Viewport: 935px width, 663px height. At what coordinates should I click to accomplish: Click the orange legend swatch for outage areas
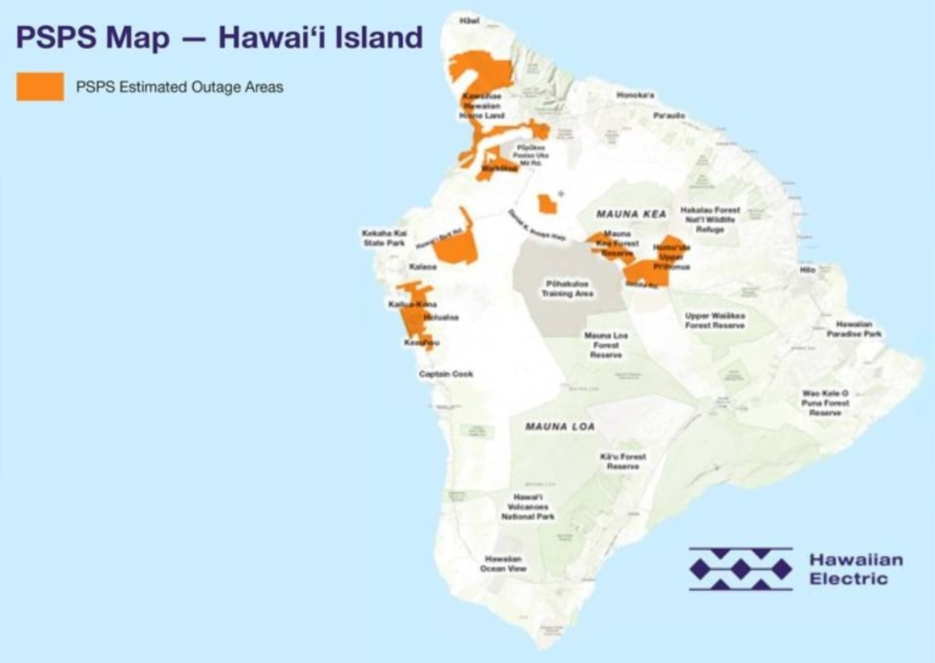(x=40, y=87)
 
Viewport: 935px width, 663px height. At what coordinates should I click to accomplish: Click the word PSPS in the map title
(x=56, y=37)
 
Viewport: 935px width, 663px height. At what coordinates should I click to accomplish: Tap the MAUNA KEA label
(x=631, y=214)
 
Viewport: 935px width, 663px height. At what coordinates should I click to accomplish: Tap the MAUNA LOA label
(x=560, y=427)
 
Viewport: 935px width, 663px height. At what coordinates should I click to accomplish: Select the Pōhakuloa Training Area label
(x=567, y=289)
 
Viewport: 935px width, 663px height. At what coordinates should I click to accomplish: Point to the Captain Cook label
(x=446, y=374)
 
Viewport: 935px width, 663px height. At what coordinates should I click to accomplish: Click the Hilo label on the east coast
(x=807, y=270)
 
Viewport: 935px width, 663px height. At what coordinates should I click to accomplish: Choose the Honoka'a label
(x=635, y=95)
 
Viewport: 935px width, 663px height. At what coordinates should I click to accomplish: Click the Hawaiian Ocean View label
(x=503, y=564)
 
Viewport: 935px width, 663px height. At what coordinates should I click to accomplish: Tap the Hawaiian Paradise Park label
(x=854, y=329)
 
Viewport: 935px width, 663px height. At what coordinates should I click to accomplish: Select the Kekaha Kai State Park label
(x=384, y=238)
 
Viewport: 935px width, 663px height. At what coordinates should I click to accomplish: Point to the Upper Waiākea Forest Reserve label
(x=714, y=320)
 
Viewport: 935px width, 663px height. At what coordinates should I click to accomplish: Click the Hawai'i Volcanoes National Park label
(x=528, y=507)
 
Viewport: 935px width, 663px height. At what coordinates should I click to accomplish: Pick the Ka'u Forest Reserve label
(x=623, y=461)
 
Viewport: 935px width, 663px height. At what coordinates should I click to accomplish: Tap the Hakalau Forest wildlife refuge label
(x=710, y=219)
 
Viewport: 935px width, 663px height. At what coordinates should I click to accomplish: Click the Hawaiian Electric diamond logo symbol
(x=741, y=569)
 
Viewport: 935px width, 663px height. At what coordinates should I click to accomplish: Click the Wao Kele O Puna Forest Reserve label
(x=825, y=403)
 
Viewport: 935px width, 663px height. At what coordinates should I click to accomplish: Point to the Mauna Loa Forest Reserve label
(x=606, y=345)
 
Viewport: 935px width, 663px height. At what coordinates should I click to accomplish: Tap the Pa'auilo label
(x=669, y=116)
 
